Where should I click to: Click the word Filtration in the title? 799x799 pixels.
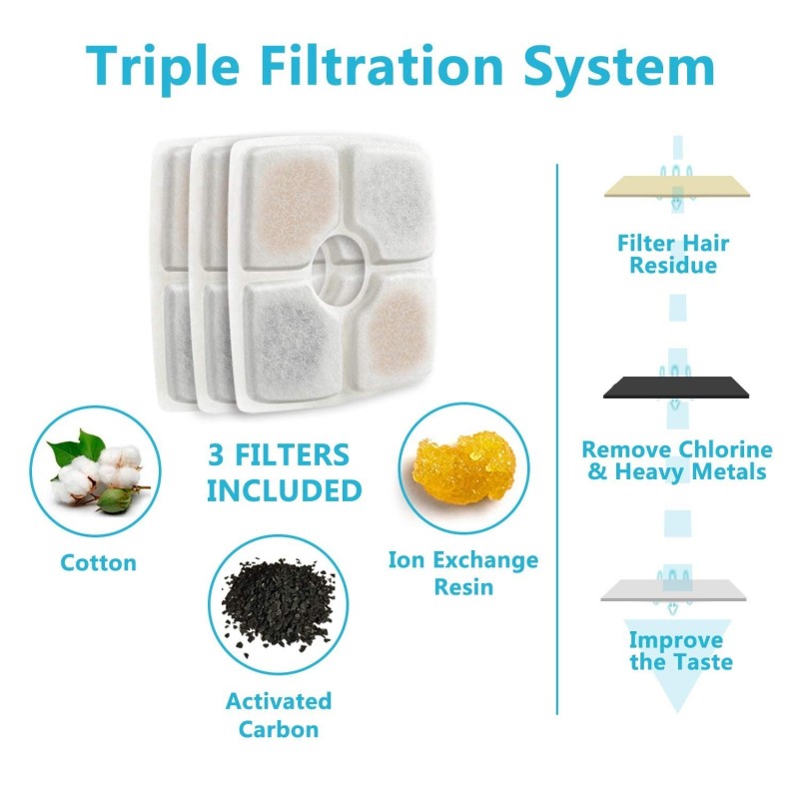[x=383, y=65]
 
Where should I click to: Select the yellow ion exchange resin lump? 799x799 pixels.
[x=463, y=467]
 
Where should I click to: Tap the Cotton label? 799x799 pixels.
[x=98, y=563]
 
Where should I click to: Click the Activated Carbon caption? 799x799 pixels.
[x=279, y=715]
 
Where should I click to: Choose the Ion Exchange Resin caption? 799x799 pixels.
[x=463, y=572]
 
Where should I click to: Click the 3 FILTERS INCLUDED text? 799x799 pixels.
[x=284, y=472]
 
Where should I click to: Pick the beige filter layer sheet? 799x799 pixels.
[x=677, y=187]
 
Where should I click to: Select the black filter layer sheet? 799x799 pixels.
[x=676, y=388]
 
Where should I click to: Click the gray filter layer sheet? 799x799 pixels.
[x=673, y=590]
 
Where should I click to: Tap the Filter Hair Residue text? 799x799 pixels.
[x=673, y=254]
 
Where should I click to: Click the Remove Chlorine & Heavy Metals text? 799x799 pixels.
[x=677, y=460]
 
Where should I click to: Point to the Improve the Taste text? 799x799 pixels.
[x=681, y=651]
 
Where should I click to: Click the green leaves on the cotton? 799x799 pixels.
[x=78, y=447]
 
